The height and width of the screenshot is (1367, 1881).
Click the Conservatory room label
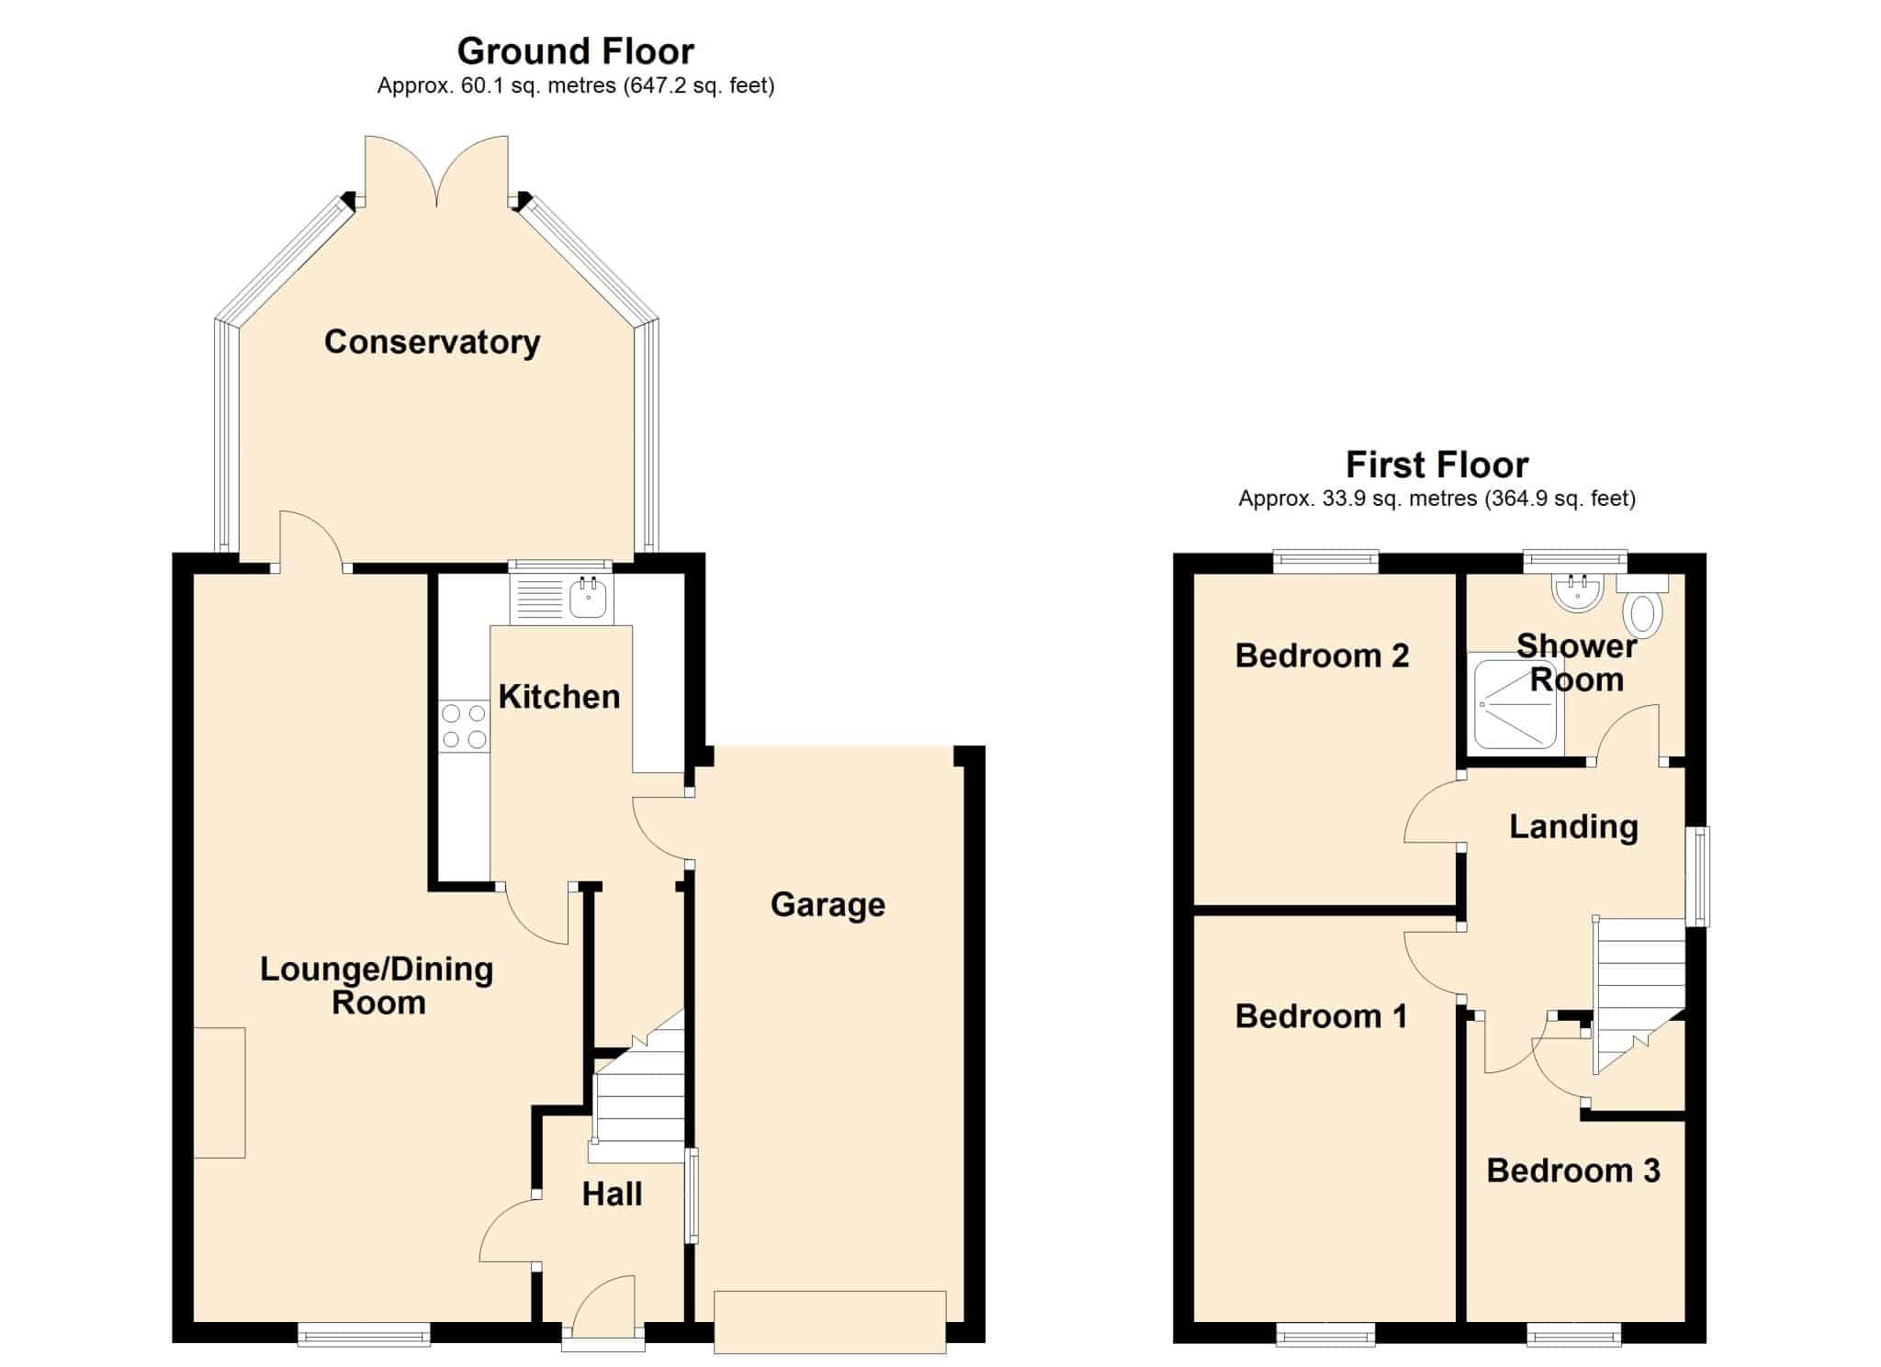[x=432, y=342]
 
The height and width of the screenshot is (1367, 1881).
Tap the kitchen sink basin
[x=588, y=599]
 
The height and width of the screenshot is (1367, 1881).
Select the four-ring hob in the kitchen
[x=464, y=725]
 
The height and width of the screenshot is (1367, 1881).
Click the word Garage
[x=828, y=904]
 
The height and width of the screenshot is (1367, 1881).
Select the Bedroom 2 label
[x=1322, y=655]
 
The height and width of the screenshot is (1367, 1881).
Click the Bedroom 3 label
[x=1573, y=1171]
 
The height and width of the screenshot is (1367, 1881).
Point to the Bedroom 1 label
[x=1321, y=1016]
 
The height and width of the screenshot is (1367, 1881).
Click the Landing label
[x=1573, y=827]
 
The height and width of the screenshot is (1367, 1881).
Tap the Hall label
[x=613, y=1194]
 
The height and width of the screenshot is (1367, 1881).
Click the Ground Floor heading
[x=576, y=51]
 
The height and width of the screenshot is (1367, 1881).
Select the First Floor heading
[x=1437, y=465]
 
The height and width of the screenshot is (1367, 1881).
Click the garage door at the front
[x=830, y=1321]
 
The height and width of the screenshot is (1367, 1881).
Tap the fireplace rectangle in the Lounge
[x=220, y=1092]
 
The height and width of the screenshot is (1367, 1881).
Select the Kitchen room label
[x=559, y=697]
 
